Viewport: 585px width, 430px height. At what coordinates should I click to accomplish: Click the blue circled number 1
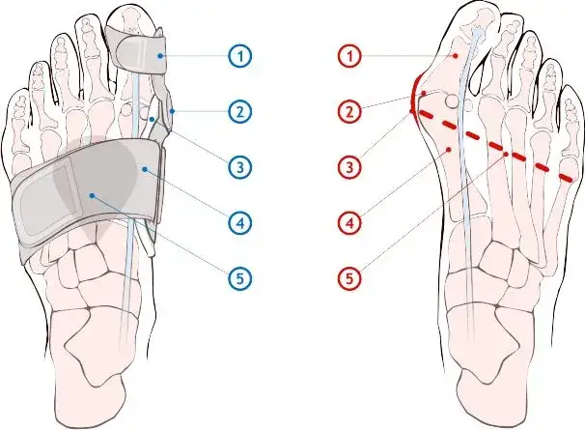[x=240, y=56]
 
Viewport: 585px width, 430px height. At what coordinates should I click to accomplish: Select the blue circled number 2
[x=240, y=111]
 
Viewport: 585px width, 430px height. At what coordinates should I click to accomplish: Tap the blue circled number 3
[x=240, y=167]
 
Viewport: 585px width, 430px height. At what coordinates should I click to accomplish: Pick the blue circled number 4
[x=240, y=223]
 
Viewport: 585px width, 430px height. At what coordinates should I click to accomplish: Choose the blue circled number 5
[x=240, y=278]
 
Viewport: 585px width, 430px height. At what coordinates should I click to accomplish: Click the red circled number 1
[x=350, y=56]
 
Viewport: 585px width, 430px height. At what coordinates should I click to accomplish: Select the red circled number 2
[x=350, y=112]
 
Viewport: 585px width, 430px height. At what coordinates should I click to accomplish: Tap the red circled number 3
[x=350, y=167]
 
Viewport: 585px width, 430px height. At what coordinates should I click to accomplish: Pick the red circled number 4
[x=350, y=223]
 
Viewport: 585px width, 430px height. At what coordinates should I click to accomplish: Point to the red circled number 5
[x=350, y=278]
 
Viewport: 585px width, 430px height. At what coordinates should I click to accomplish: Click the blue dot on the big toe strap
[x=159, y=56]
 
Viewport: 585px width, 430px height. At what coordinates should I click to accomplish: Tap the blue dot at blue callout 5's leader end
[x=92, y=195]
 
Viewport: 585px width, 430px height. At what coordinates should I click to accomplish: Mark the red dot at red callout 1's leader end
[x=456, y=56]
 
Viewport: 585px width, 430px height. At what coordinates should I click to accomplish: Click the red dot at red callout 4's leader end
[x=449, y=149]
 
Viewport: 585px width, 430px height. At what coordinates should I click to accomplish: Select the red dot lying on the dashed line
[x=506, y=154]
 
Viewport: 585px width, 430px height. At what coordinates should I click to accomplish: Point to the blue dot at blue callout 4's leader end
[x=145, y=169]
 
